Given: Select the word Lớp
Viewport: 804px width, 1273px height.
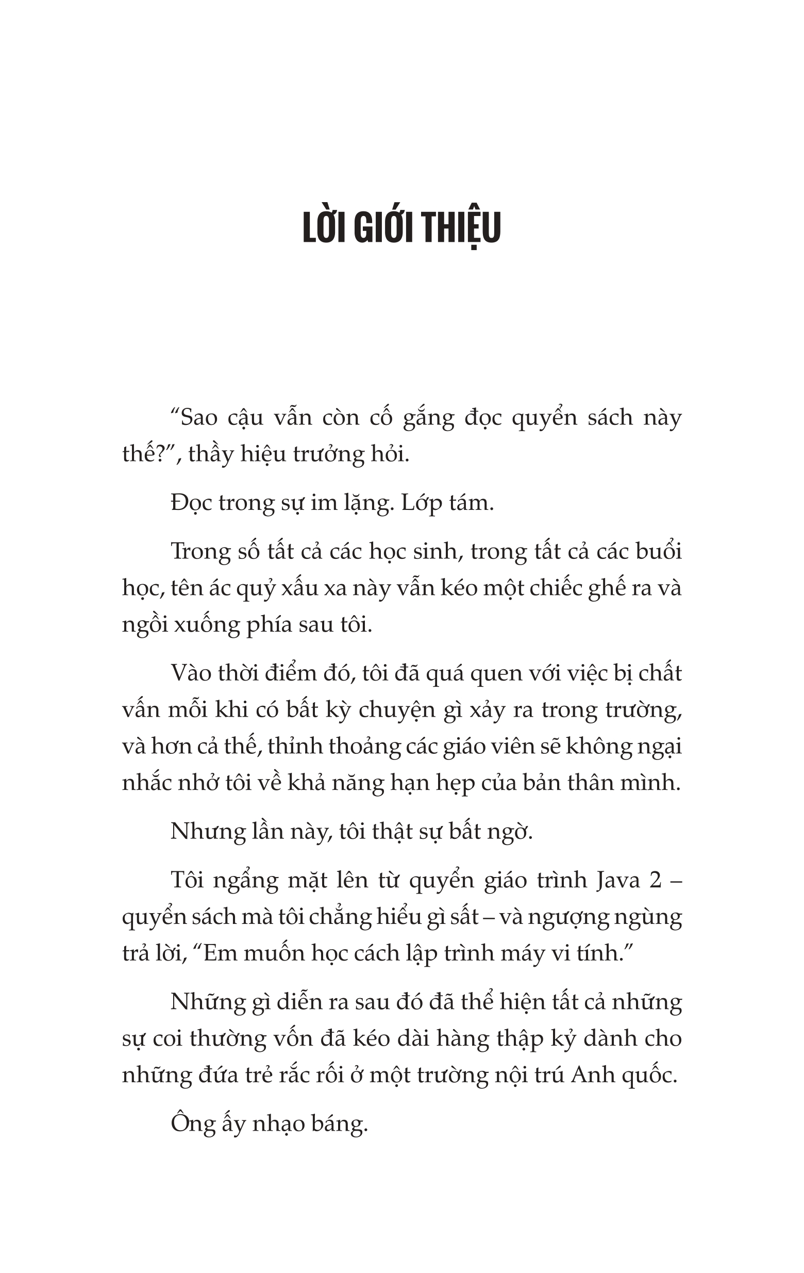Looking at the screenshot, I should pos(421,502).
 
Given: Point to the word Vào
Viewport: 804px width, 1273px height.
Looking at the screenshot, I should pos(190,673).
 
